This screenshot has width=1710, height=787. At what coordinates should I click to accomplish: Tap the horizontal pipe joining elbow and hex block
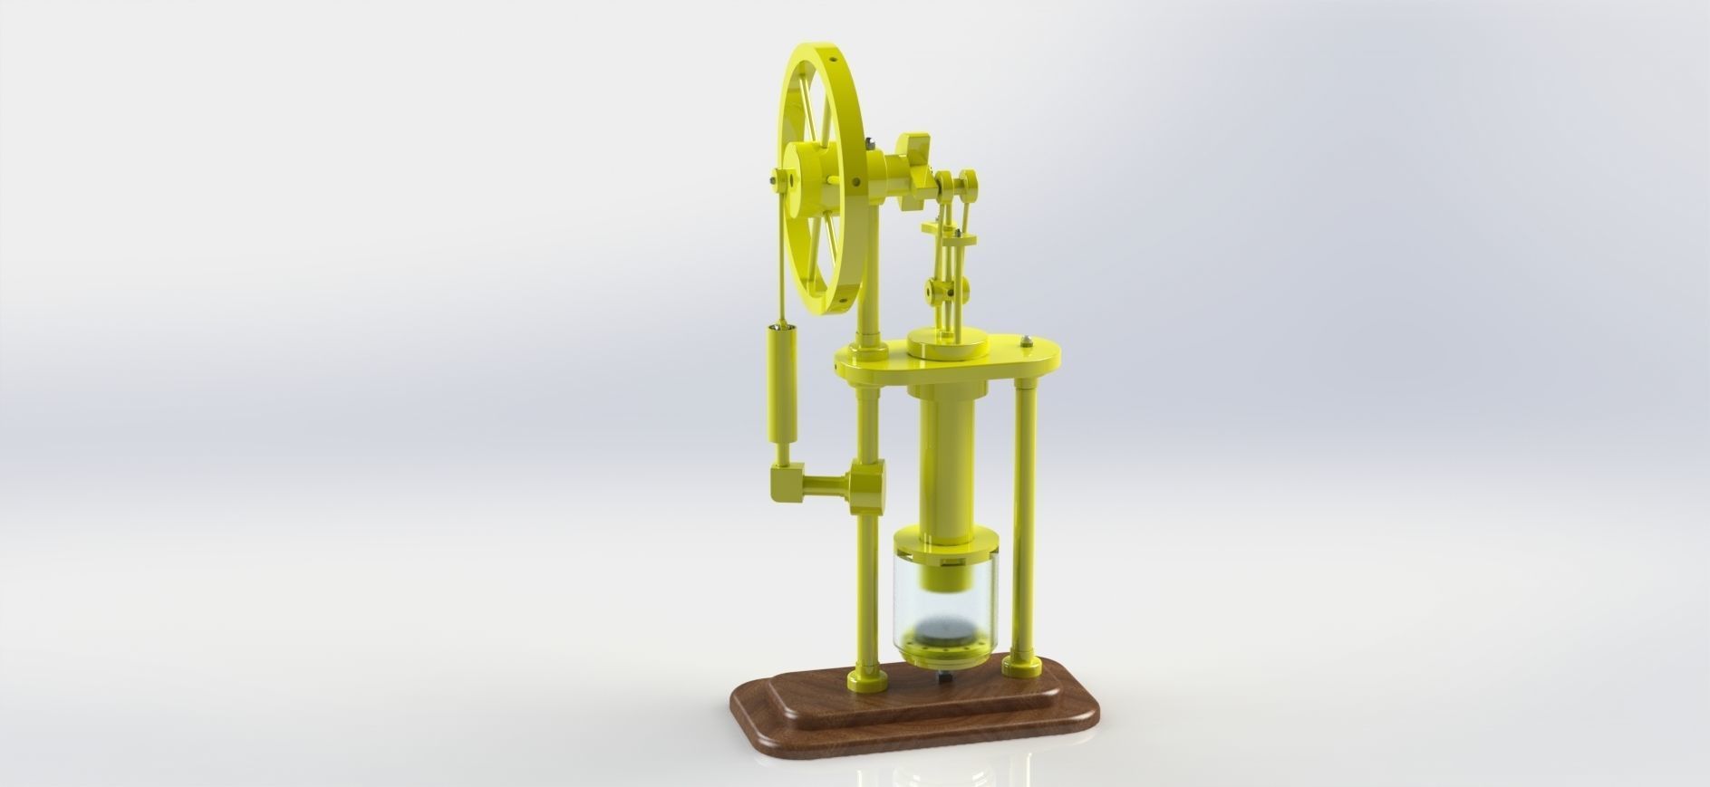click(x=192, y=485)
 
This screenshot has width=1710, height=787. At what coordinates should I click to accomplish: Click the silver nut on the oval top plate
click(x=1027, y=341)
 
